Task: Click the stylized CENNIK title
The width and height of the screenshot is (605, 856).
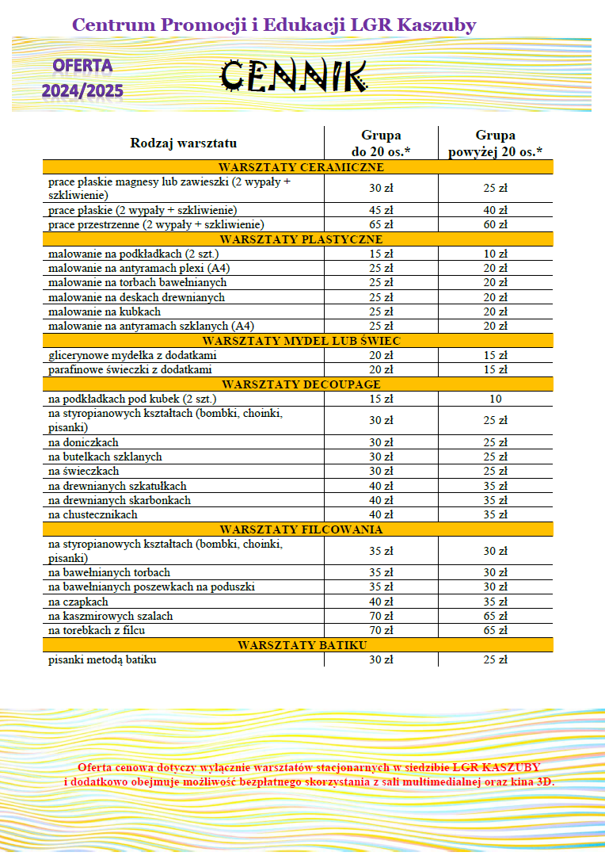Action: [x=292, y=75]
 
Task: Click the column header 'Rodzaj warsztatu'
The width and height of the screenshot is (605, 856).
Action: [x=184, y=143]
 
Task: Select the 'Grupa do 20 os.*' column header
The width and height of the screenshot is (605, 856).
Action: [x=381, y=143]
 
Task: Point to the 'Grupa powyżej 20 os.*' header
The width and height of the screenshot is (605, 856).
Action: [x=495, y=143]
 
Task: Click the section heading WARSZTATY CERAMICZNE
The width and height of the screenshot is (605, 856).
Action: [x=302, y=167]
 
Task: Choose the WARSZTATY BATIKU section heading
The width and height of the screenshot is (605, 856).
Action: [x=302, y=645]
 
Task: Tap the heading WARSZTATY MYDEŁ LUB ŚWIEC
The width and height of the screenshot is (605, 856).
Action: [x=302, y=341]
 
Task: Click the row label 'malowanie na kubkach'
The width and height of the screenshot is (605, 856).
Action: [x=105, y=311]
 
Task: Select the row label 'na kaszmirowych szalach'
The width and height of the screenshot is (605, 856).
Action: [x=111, y=616]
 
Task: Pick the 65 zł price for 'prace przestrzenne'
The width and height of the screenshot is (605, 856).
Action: [x=381, y=224]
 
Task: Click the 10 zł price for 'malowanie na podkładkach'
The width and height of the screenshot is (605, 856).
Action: [x=495, y=254]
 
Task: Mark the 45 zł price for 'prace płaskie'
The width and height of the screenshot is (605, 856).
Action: [x=381, y=210]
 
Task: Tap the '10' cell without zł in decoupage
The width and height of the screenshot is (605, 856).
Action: [x=495, y=399]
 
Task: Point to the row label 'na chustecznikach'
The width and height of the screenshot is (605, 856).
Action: [x=93, y=514]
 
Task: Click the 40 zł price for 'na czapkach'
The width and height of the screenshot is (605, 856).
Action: [x=381, y=602]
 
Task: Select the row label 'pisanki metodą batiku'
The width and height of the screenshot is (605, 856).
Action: [x=102, y=659]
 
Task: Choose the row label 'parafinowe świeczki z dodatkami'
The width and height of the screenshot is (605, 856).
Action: [x=130, y=369]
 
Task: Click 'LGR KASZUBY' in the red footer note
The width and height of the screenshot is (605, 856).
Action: [x=497, y=767]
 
